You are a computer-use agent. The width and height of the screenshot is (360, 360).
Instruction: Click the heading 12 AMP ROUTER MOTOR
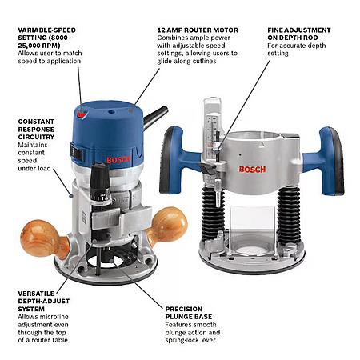click(198, 30)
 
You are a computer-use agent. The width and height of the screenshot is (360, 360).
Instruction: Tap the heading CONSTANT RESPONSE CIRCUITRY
click(36, 130)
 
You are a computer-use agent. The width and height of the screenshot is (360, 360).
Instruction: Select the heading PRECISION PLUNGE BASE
click(189, 313)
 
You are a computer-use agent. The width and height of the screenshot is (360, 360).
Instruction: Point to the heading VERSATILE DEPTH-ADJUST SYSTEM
click(44, 302)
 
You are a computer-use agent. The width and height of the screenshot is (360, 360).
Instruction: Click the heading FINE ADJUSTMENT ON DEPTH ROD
click(299, 34)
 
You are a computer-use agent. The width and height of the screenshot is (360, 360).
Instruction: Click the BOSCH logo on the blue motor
click(118, 160)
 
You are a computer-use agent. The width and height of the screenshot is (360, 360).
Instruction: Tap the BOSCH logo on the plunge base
click(252, 170)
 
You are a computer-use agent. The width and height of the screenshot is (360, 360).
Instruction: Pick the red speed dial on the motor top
click(82, 114)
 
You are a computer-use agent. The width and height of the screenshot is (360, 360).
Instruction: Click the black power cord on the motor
click(155, 117)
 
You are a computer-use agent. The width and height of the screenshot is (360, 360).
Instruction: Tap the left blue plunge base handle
click(178, 160)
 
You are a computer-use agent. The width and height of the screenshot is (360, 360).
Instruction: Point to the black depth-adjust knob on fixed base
click(100, 182)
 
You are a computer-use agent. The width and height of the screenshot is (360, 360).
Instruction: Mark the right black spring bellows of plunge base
click(289, 214)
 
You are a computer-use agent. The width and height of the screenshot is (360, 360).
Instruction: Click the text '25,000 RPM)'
click(39, 46)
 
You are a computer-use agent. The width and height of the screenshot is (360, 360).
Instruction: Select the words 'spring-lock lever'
click(190, 340)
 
